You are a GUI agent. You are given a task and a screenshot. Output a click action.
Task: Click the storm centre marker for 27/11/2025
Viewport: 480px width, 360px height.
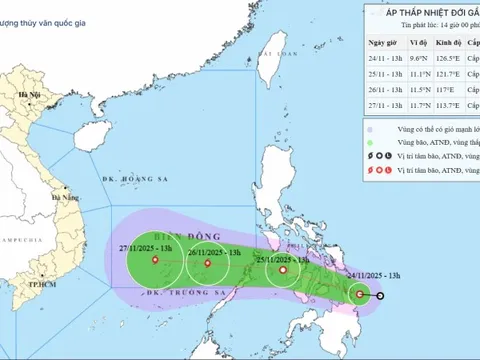(155, 261)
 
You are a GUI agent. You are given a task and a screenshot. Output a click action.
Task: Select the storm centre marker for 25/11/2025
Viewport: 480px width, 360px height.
(284, 269)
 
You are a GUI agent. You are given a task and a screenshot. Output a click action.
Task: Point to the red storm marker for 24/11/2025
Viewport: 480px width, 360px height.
(360, 294)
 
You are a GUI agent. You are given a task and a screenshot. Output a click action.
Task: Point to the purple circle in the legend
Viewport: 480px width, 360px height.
(370, 128)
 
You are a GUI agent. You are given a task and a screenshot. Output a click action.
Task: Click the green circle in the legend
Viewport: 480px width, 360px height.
(370, 143)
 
